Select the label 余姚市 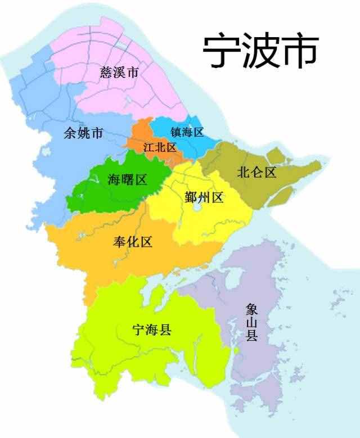pyautogui.click(x=83, y=133)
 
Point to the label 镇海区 pyautogui.click(x=187, y=132)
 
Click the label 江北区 pyautogui.click(x=160, y=147)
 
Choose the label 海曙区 pyautogui.click(x=127, y=180)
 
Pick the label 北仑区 pyautogui.click(x=256, y=172)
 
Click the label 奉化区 pyautogui.click(x=133, y=242)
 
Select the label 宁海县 pyautogui.click(x=151, y=330)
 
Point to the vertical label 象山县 pyautogui.click(x=251, y=322)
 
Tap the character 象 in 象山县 pyautogui.click(x=251, y=309)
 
